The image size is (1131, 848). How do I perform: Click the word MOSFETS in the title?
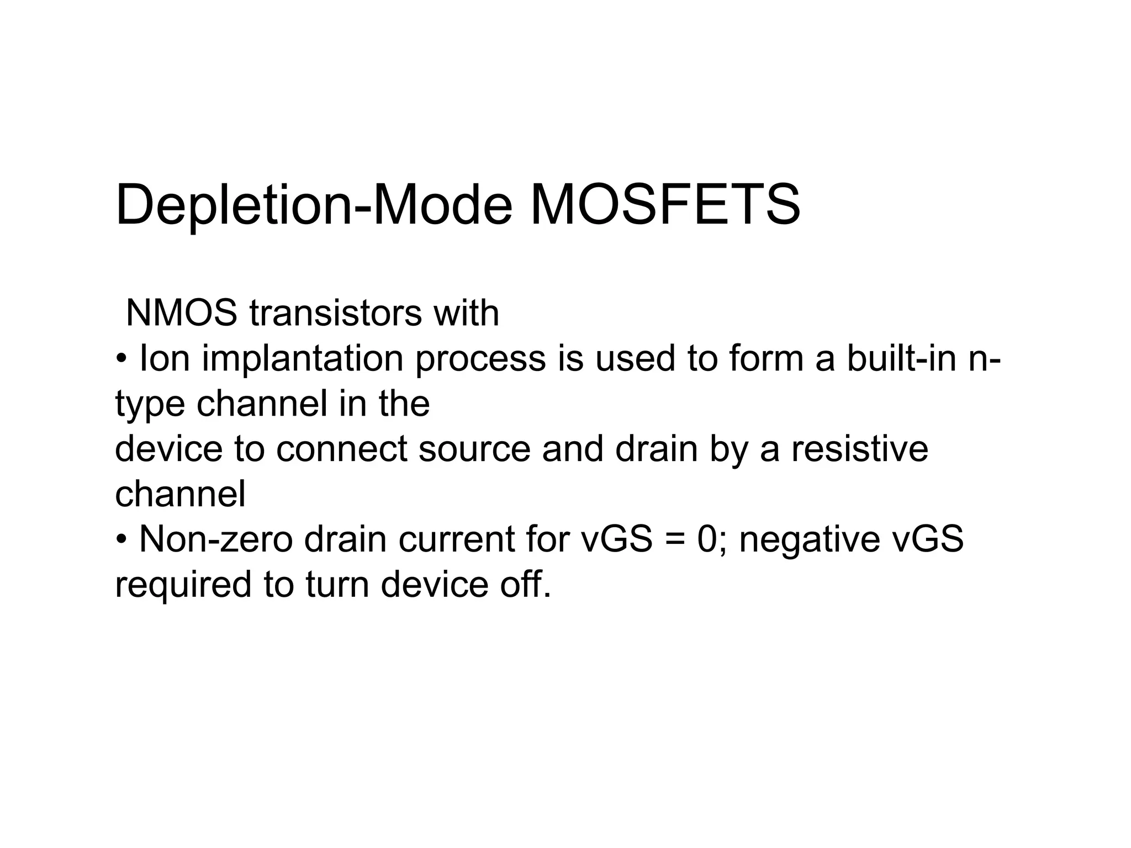click(665, 205)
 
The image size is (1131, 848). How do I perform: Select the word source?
click(474, 449)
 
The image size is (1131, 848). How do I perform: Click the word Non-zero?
click(216, 539)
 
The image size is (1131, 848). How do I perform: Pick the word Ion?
click(165, 358)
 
